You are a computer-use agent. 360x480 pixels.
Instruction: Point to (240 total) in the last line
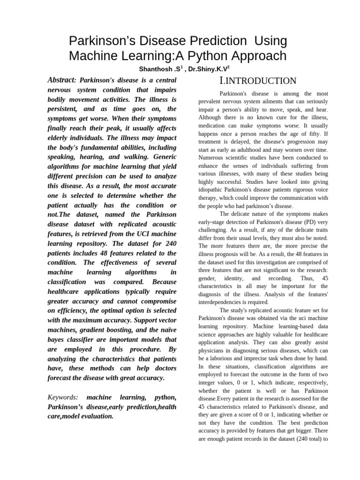pyautogui.click(x=301, y=439)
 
